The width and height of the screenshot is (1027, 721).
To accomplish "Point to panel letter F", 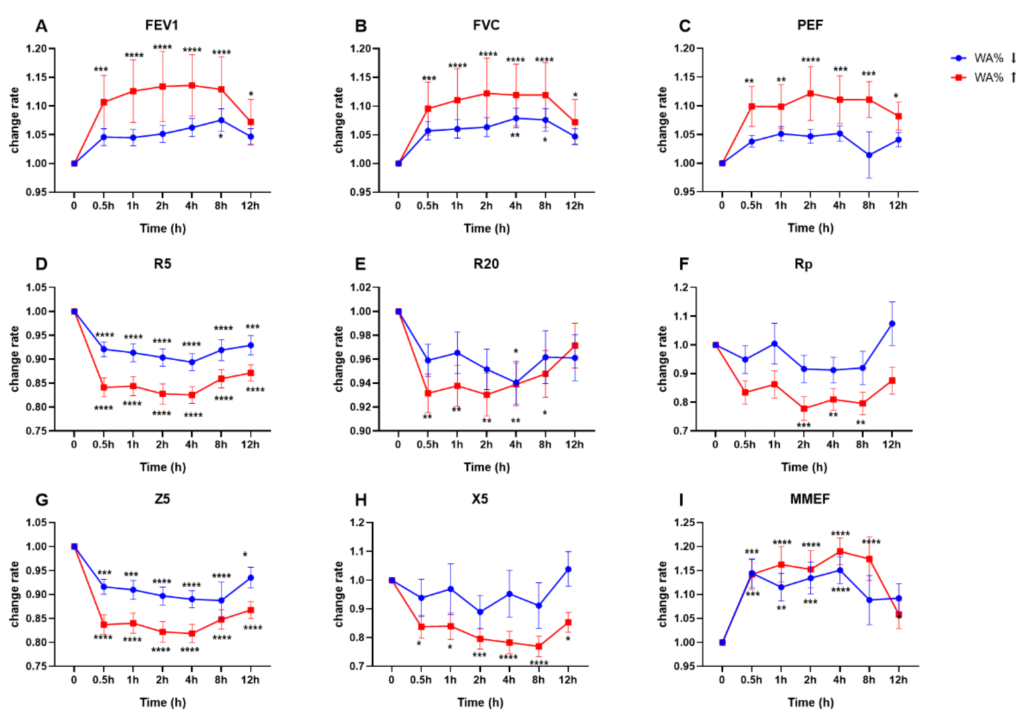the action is tap(684, 264).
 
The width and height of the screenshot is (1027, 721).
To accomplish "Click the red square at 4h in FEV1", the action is tap(192, 85).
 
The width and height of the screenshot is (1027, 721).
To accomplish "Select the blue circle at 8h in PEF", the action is tap(869, 155).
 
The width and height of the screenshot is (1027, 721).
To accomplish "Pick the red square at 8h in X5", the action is tap(538, 646).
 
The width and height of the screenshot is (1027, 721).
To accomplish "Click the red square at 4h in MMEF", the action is tap(840, 551).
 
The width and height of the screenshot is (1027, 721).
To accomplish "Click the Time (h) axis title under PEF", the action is tap(810, 228).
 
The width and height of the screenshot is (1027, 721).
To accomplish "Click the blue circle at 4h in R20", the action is tap(516, 383).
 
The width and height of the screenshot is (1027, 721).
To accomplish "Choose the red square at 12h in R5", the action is tap(250, 373).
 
